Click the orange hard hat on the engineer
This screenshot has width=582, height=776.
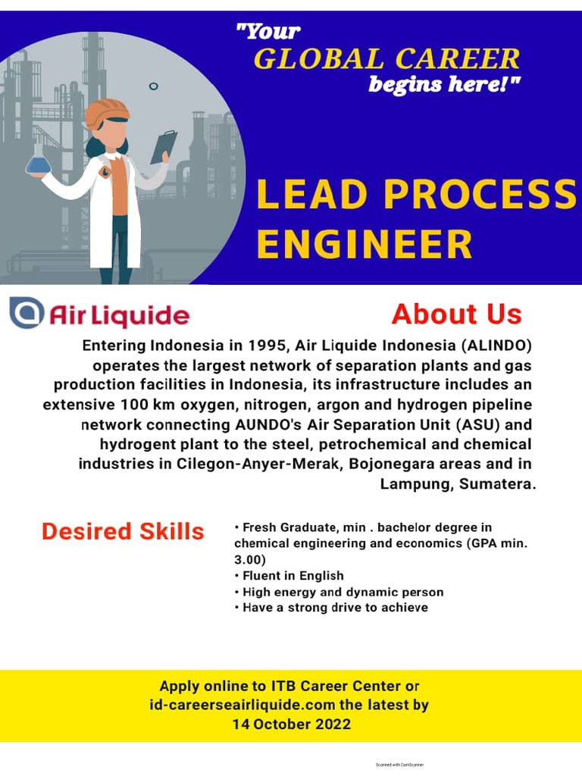click(106, 113)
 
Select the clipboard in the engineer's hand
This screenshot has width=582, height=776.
click(163, 145)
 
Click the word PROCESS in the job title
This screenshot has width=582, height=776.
click(480, 195)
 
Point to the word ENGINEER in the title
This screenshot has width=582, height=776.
click(365, 245)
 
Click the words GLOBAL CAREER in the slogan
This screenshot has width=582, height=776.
click(386, 59)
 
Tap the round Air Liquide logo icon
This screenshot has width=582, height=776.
click(26, 314)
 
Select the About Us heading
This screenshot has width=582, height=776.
click(456, 314)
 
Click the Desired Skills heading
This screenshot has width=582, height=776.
click(123, 531)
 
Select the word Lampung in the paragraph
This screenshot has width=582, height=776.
click(416, 483)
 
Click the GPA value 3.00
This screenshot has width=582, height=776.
click(250, 559)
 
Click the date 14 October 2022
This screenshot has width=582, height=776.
click(291, 724)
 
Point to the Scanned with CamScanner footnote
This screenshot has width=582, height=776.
click(399, 765)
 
